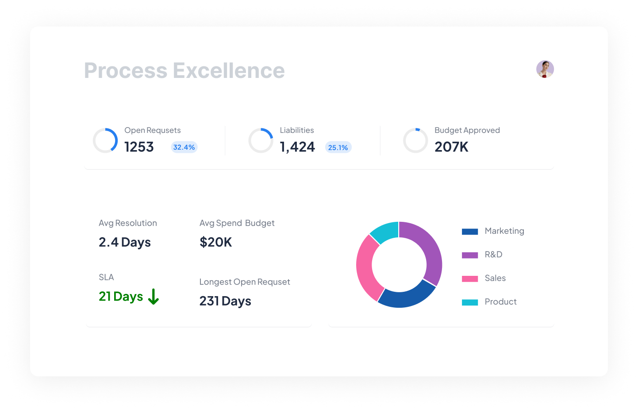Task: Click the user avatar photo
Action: tap(545, 69)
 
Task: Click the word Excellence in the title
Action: tap(229, 71)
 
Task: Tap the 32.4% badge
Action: tap(184, 147)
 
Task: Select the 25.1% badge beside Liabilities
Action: tap(338, 147)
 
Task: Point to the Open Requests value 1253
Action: tap(139, 147)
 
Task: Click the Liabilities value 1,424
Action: tap(297, 147)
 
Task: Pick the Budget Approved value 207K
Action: tap(451, 147)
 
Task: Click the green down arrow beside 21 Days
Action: tap(154, 297)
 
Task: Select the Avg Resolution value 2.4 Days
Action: tap(125, 243)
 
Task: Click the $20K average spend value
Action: tap(216, 242)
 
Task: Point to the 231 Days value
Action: tap(225, 301)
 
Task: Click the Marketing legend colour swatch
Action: tap(470, 232)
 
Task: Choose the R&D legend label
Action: tap(493, 255)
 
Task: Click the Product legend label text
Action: tap(500, 302)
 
